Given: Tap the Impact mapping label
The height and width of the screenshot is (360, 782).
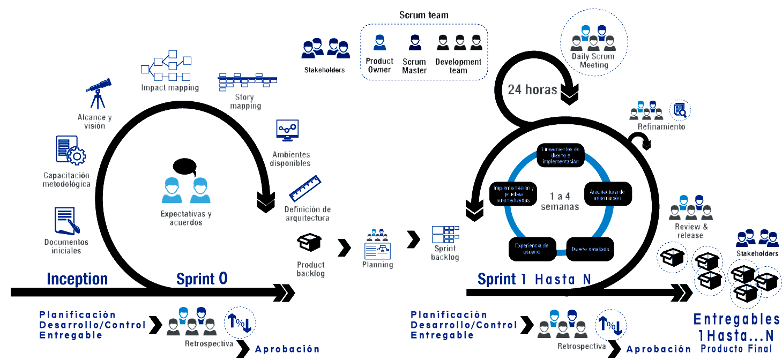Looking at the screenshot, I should pyautogui.click(x=170, y=87).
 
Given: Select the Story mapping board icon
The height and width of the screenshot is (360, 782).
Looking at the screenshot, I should pyautogui.click(x=247, y=81).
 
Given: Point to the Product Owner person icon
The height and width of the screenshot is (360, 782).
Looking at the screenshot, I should pyautogui.click(x=379, y=43).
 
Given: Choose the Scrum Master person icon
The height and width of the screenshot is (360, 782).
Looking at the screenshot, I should pyautogui.click(x=414, y=43).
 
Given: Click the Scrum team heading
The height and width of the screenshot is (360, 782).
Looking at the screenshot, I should pyautogui.click(x=423, y=15).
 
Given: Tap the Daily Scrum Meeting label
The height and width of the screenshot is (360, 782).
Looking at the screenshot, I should pyautogui.click(x=593, y=61).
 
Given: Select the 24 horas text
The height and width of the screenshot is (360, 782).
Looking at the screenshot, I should pyautogui.click(x=532, y=89).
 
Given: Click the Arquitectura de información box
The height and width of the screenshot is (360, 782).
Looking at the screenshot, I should pyautogui.click(x=607, y=194).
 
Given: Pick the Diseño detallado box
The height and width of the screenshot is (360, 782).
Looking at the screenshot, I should pyautogui.click(x=589, y=250).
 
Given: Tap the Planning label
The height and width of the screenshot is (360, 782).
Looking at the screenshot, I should pyautogui.click(x=377, y=265).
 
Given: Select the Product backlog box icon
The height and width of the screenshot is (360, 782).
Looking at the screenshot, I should pyautogui.click(x=309, y=242).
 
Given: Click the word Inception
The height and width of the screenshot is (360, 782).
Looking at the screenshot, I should pyautogui.click(x=77, y=279).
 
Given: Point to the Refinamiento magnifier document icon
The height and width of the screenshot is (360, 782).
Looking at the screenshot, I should pyautogui.click(x=680, y=110).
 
